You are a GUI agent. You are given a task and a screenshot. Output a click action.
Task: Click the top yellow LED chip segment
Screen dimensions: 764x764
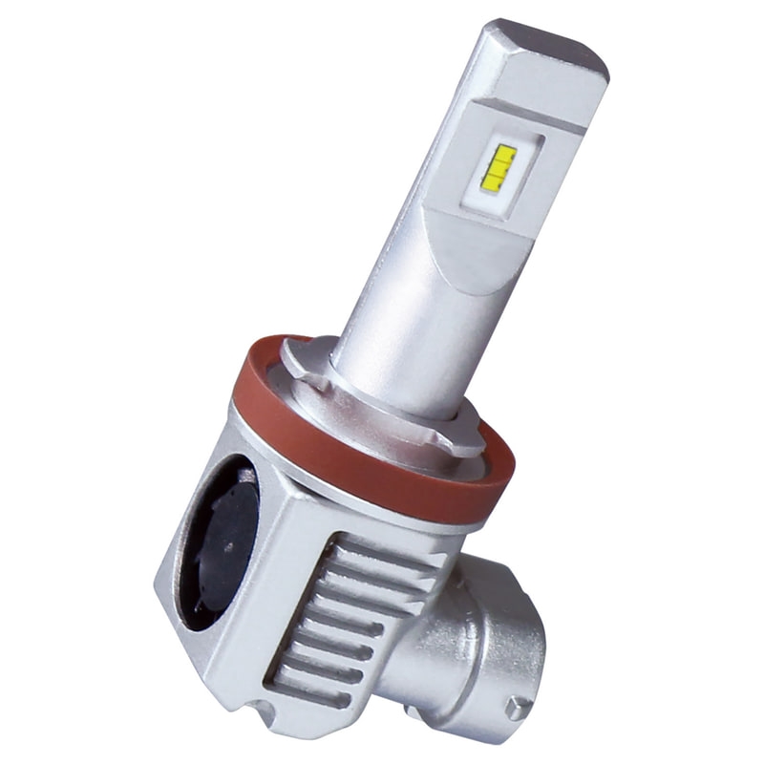tap(503, 152)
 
